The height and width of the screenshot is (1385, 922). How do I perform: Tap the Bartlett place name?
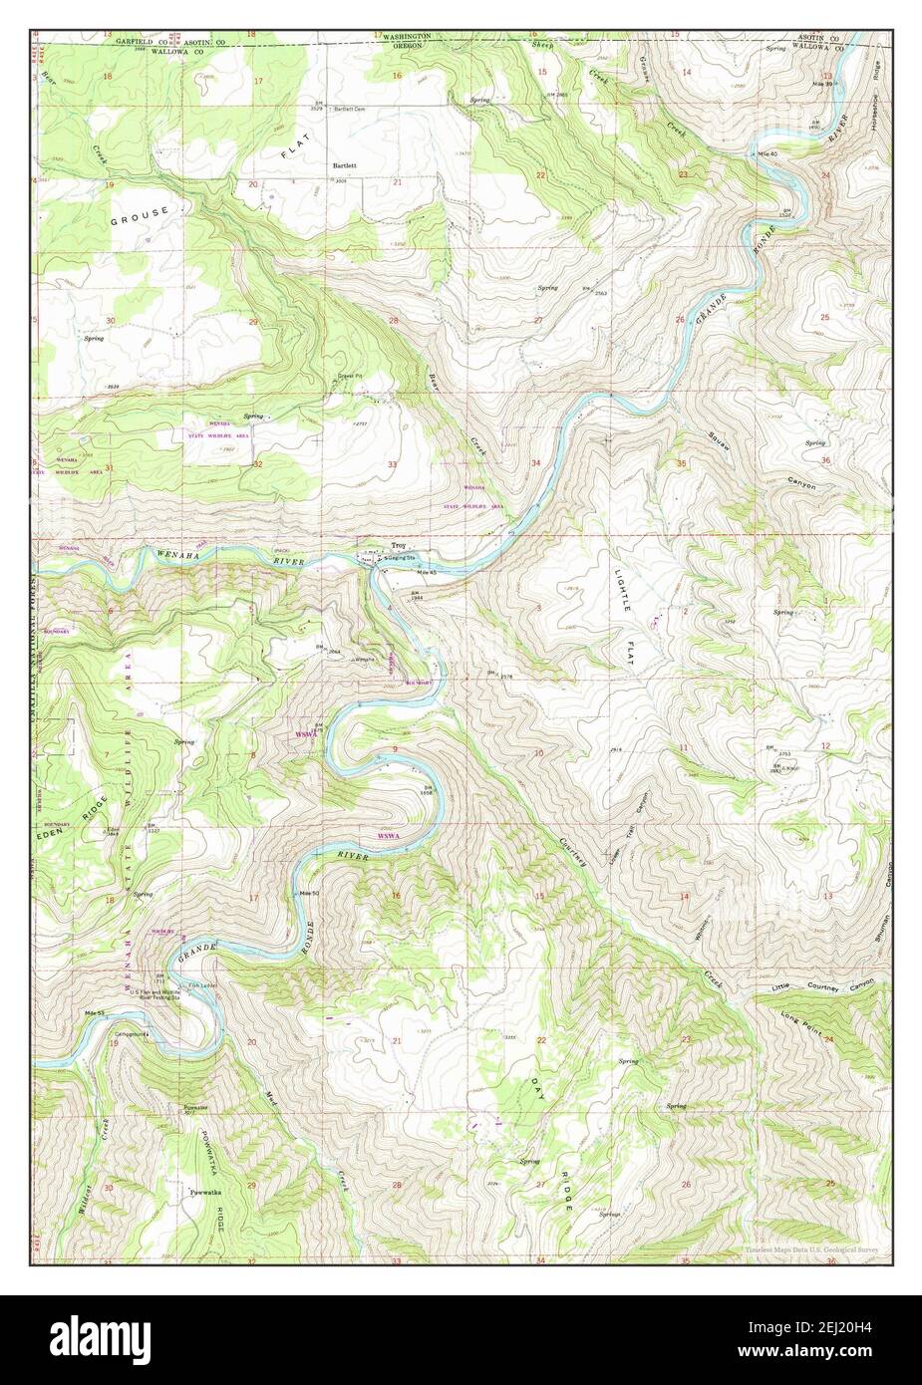click(x=345, y=163)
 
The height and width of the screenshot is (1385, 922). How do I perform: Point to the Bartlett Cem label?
click(x=350, y=109)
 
